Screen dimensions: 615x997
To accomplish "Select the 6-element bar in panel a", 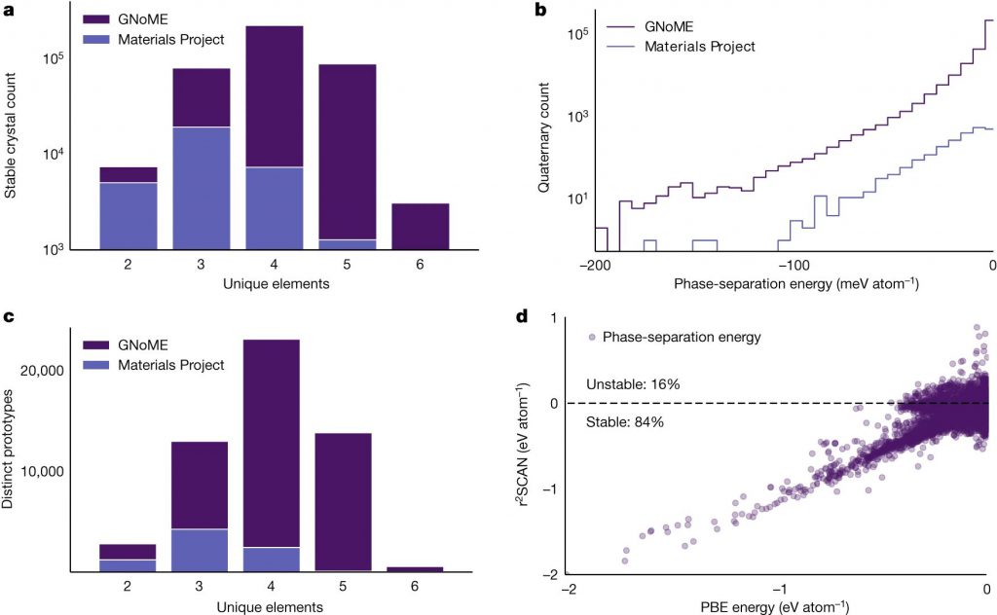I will coord(421,226).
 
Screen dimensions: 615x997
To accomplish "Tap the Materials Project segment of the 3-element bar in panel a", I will coord(202,188).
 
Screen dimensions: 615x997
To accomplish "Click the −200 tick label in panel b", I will coord(593,265).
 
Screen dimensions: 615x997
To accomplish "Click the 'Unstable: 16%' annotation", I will coord(633,384).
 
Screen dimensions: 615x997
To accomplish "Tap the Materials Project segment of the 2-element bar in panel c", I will coord(129,565).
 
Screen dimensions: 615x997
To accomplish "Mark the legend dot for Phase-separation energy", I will coord(590,337).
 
